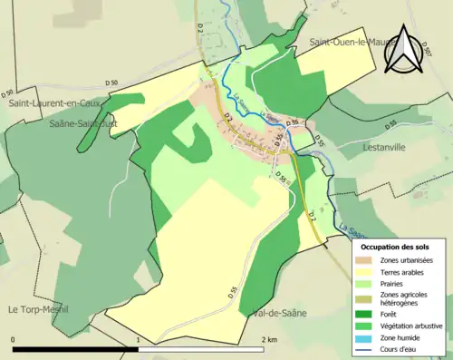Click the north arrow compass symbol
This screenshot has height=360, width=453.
click(403, 52)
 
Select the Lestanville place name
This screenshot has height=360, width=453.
click(389, 144)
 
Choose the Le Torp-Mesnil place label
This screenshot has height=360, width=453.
click(41, 309)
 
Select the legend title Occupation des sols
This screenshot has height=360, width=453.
click(395, 247)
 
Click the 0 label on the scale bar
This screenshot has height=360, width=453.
click(14, 340)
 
